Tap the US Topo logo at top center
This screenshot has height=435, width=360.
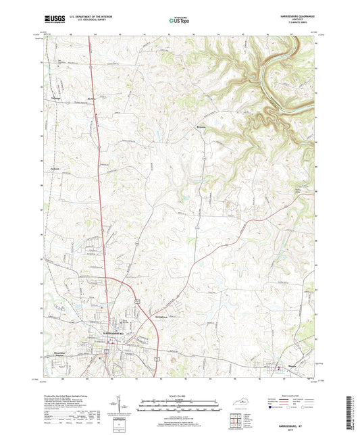click(179, 21)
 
